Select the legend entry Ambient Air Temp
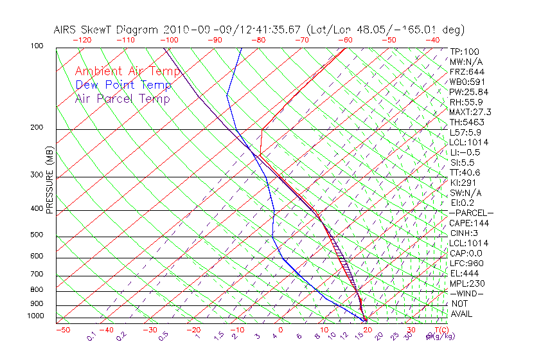[x=128, y=71]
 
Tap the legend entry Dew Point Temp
[x=123, y=85]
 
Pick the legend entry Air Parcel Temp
[x=123, y=98]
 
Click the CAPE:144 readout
[x=468, y=223]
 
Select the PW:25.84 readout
[x=468, y=92]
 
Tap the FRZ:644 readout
[x=467, y=71]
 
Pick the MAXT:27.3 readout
[x=470, y=112]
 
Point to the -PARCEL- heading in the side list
[x=471, y=213]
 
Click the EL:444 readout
[x=465, y=273]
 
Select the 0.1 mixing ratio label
[x=92, y=336]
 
